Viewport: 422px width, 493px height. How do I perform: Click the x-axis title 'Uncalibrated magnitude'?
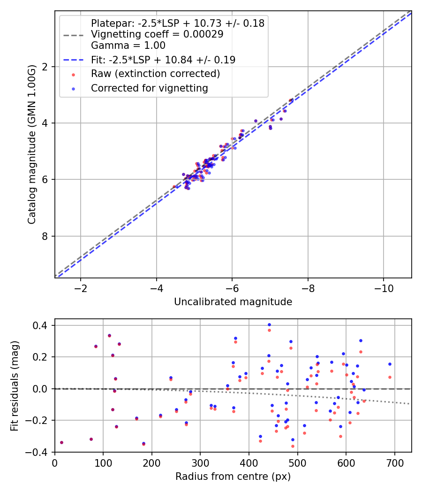pyautogui.click(x=233, y=302)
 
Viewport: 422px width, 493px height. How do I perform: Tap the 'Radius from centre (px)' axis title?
pyautogui.click(x=233, y=477)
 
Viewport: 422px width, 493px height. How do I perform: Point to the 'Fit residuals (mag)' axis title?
pyautogui.click(x=15, y=385)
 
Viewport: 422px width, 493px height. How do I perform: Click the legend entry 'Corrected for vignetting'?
pyautogui.click(x=149, y=88)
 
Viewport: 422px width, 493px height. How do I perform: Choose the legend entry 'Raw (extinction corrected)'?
pyautogui.click(x=155, y=74)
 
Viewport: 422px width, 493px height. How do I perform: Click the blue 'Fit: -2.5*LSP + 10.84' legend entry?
pyautogui.click(x=163, y=60)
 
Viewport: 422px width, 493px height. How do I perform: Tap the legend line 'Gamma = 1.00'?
pyautogui.click(x=128, y=46)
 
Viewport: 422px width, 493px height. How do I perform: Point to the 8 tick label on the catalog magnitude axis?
pyautogui.click(x=45, y=236)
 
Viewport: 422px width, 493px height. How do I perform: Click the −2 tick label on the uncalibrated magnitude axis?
pyautogui.click(x=80, y=287)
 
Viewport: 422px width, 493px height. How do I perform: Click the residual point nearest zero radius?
pyautogui.click(x=61, y=442)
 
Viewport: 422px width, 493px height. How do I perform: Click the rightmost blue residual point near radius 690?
pyautogui.click(x=390, y=364)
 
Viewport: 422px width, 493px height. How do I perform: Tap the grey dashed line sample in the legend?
pyautogui.click(x=74, y=35)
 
